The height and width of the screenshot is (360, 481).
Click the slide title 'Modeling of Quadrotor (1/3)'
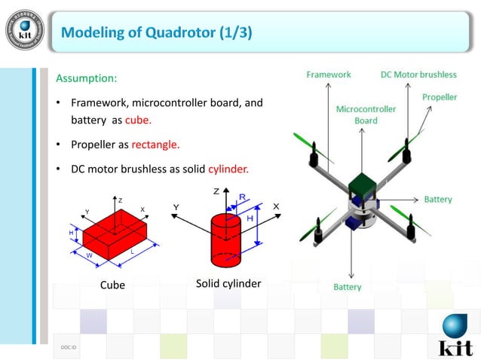pyautogui.click(x=156, y=32)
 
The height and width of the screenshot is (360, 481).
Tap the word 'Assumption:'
pyautogui.click(x=87, y=78)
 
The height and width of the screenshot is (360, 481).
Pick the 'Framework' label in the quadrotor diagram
pyautogui.click(x=329, y=75)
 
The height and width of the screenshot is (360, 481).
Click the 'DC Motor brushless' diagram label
pyautogui.click(x=418, y=75)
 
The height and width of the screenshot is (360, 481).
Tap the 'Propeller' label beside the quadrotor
pyautogui.click(x=440, y=97)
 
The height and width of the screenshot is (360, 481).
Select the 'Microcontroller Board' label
pyautogui.click(x=366, y=114)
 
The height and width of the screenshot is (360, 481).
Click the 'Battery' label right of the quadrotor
pyautogui.click(x=438, y=200)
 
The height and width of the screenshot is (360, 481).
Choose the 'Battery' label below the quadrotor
pyautogui.click(x=348, y=287)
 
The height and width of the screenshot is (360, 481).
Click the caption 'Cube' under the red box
pyautogui.click(x=112, y=285)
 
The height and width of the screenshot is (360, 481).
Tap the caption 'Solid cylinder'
pyautogui.click(x=228, y=283)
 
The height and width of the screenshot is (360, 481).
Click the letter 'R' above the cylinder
pyautogui.click(x=241, y=197)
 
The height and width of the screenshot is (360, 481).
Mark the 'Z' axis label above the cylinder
pyautogui.click(x=216, y=191)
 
